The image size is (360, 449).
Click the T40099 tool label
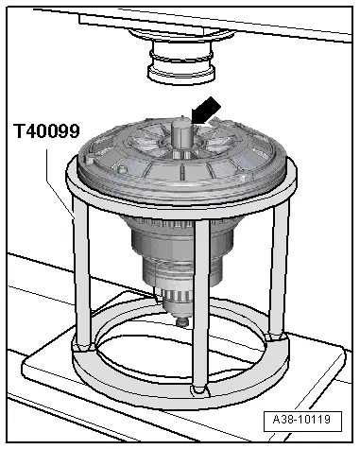[46, 131]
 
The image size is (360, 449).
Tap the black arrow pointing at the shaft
[206, 111]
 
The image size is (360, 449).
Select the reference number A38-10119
[302, 420]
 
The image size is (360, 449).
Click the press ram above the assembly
[181, 63]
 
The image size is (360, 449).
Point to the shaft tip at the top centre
[181, 119]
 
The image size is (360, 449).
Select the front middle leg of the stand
[201, 304]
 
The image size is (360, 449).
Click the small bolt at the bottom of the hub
[182, 322]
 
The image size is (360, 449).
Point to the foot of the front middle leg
[200, 389]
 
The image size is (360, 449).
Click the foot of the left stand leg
[82, 347]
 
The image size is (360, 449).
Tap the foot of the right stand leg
[277, 337]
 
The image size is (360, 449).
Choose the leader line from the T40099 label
[60, 182]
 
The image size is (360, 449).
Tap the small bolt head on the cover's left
[121, 170]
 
